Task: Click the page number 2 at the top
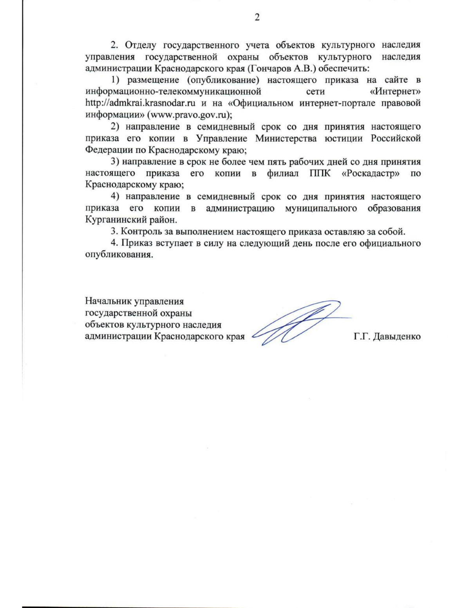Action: click(x=257, y=18)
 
